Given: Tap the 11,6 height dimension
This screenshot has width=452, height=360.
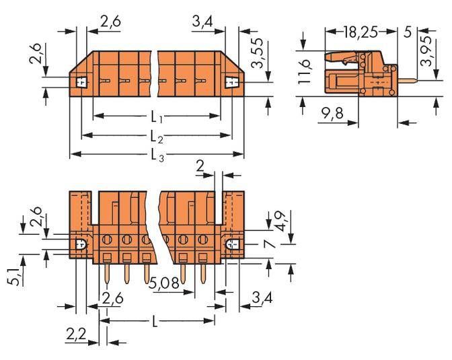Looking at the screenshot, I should pyautogui.click(x=306, y=73).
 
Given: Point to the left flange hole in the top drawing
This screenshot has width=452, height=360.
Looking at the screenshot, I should pyautogui.click(x=81, y=83).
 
